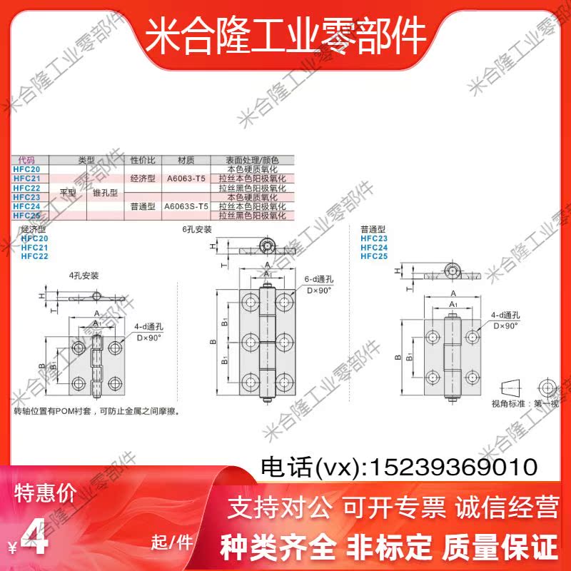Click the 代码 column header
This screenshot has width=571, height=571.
pyautogui.click(x=26, y=160)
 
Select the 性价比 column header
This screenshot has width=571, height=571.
pyautogui.click(x=143, y=160)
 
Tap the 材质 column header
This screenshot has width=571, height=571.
pyautogui.click(x=186, y=160)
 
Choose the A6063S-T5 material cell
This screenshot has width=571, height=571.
pyautogui.click(x=186, y=206)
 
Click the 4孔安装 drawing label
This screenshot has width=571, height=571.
pyautogui.click(x=84, y=275)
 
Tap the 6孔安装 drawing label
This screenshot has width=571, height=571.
pyautogui.click(x=197, y=230)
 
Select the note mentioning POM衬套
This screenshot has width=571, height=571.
pyautogui.click(x=96, y=411)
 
